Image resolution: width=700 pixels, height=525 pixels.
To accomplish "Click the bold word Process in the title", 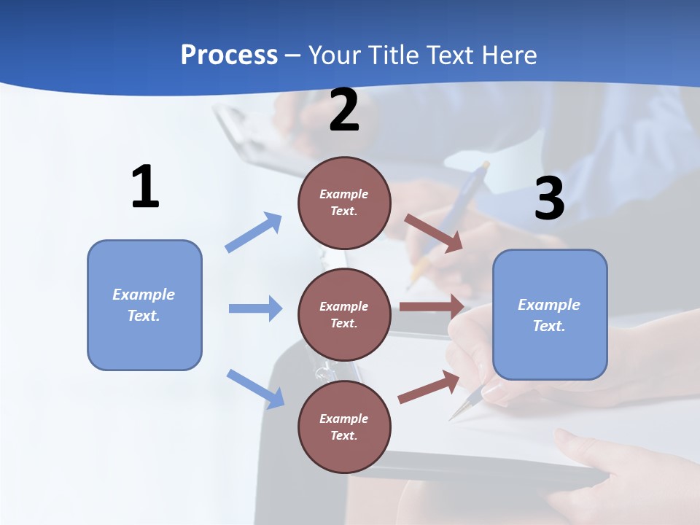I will tap(229, 55).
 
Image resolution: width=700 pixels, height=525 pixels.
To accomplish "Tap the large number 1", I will tap(145, 187).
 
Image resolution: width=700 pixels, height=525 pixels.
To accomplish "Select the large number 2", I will tap(344, 110).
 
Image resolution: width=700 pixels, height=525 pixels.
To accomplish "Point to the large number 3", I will tap(549, 198).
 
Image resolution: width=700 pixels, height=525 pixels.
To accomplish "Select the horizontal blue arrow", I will tap(255, 308).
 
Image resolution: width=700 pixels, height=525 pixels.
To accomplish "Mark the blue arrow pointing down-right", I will tap(255, 389).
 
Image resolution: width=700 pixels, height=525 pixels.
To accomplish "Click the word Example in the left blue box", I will tap(144, 295).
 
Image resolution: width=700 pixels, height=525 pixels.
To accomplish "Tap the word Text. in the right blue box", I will tap(549, 326).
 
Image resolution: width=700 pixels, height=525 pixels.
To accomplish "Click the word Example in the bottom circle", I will tap(344, 419).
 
